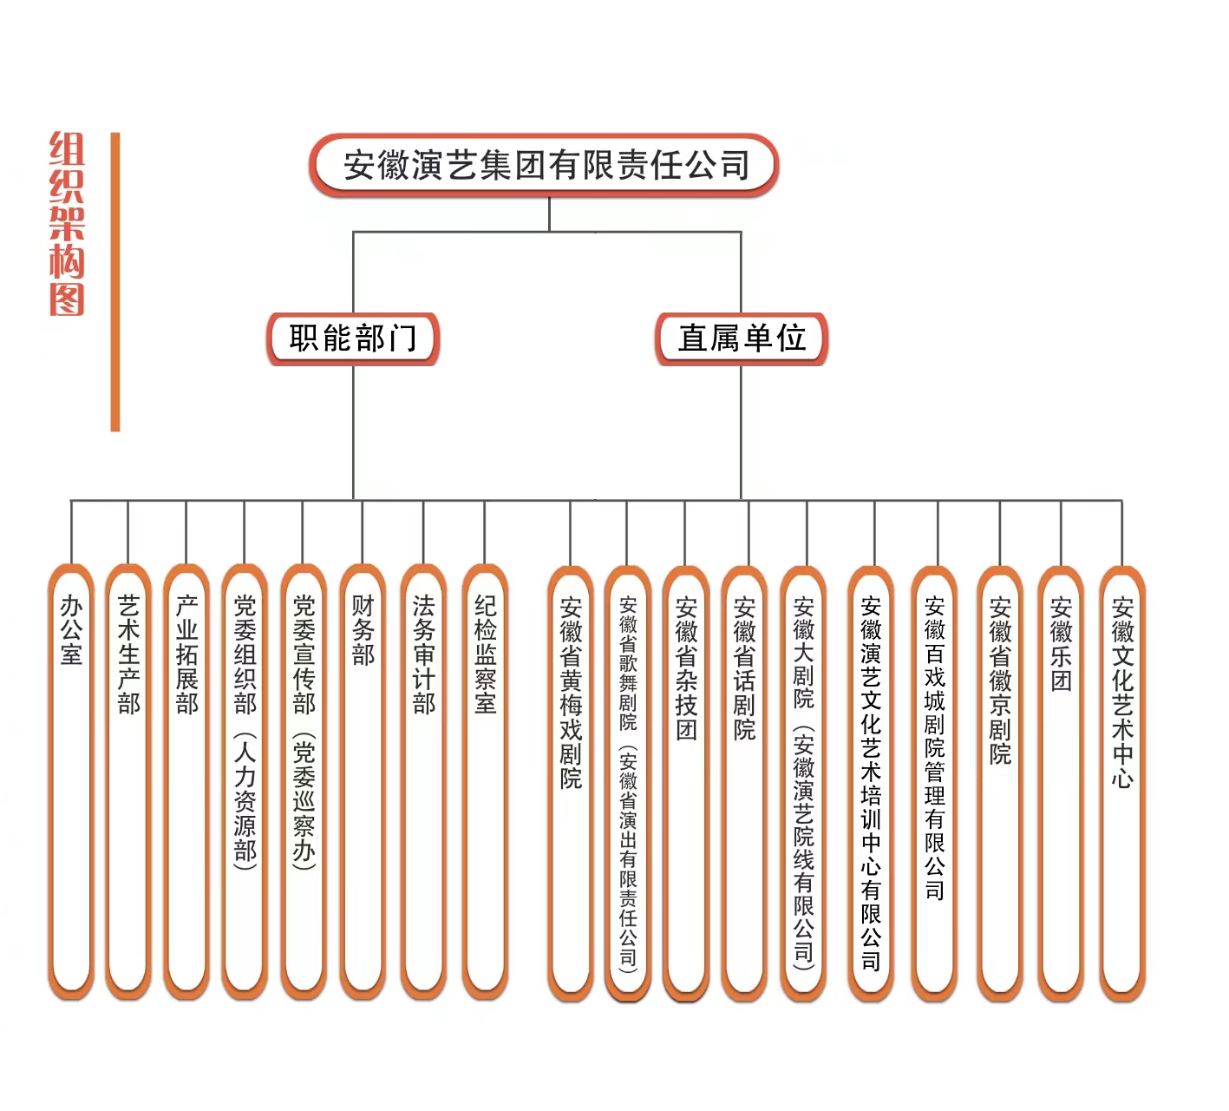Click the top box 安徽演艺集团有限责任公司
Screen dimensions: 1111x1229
[544, 165]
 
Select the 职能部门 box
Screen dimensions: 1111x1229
[353, 339]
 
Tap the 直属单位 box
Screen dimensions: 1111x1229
[742, 339]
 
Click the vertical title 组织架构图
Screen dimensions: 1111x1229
[67, 224]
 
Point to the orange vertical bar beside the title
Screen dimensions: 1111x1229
[115, 282]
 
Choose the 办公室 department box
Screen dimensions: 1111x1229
[71, 781]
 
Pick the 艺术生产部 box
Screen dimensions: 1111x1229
[128, 781]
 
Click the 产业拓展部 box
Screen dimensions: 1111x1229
[186, 781]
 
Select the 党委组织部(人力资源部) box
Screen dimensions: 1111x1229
[245, 781]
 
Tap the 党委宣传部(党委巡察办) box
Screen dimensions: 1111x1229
[304, 781]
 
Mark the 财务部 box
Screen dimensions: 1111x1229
[363, 781]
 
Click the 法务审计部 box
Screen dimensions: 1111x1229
[423, 781]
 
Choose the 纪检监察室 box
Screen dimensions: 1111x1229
[485, 781]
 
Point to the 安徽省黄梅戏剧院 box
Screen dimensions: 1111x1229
[570, 781]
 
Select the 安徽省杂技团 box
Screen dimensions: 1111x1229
[685, 781]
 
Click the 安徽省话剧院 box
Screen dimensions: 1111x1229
[744, 781]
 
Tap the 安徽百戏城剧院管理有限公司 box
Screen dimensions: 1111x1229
[934, 781]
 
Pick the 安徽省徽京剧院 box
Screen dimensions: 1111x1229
[1000, 781]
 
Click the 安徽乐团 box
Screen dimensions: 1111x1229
[1061, 781]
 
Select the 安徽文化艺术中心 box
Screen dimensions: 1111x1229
[1122, 781]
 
